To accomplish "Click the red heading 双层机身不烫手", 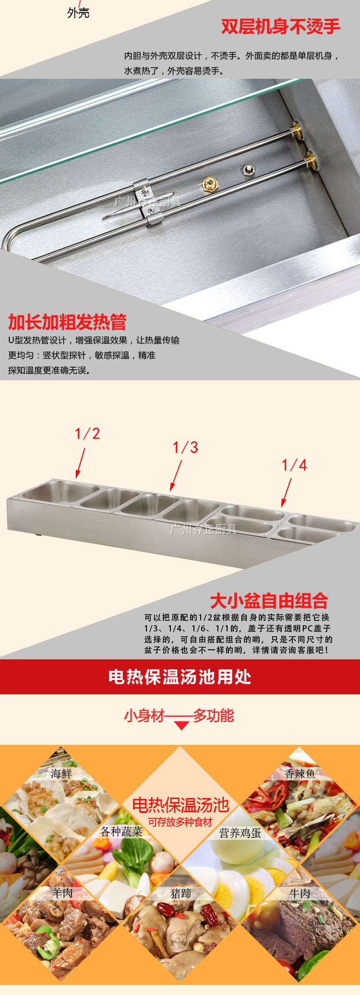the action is [281, 26].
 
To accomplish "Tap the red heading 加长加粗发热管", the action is [67, 322].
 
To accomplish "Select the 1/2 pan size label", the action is [87, 434].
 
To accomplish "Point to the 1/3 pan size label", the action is [185, 447].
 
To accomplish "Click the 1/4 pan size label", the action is [294, 465].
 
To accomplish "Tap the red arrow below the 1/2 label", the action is [80, 463].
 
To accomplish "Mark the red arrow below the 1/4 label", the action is [286, 493].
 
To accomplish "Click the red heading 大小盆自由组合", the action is [269, 601].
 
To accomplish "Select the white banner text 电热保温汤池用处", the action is [180, 677].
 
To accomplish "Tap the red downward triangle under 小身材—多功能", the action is [181, 726].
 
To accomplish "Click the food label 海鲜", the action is [61, 774].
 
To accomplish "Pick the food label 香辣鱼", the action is [300, 774].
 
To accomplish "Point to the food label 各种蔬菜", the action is [121, 832].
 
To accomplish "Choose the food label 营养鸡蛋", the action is [240, 833].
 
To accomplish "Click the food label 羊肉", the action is [62, 893].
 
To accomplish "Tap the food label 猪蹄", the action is [181, 893].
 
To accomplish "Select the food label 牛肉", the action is [300, 893].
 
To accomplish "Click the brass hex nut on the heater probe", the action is [209, 184].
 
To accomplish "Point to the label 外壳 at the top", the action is [78, 13].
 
